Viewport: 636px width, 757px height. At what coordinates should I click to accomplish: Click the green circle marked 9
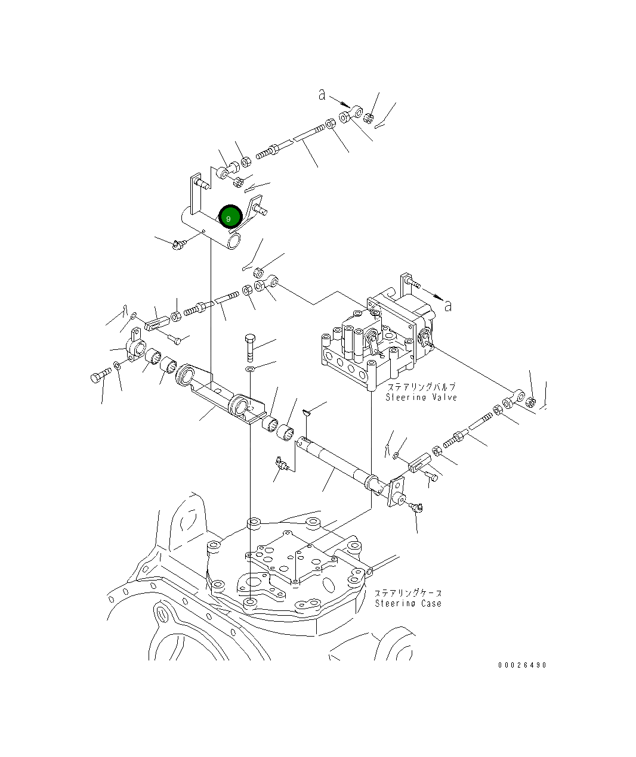point(230,217)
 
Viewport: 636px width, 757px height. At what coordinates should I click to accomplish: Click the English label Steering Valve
point(421,397)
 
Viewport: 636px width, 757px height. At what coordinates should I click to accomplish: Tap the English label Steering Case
point(408,603)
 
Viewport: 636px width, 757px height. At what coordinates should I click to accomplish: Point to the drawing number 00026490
point(522,665)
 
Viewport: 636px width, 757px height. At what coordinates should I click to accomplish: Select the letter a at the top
point(322,95)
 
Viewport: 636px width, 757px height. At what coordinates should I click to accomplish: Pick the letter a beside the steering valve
point(448,306)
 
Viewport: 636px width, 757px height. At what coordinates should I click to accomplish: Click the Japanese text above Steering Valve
point(421,386)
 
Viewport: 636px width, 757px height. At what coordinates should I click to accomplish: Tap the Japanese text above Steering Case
point(408,593)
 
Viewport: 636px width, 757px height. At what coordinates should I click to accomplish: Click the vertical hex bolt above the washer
point(250,348)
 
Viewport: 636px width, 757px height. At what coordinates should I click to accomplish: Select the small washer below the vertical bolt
point(249,369)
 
